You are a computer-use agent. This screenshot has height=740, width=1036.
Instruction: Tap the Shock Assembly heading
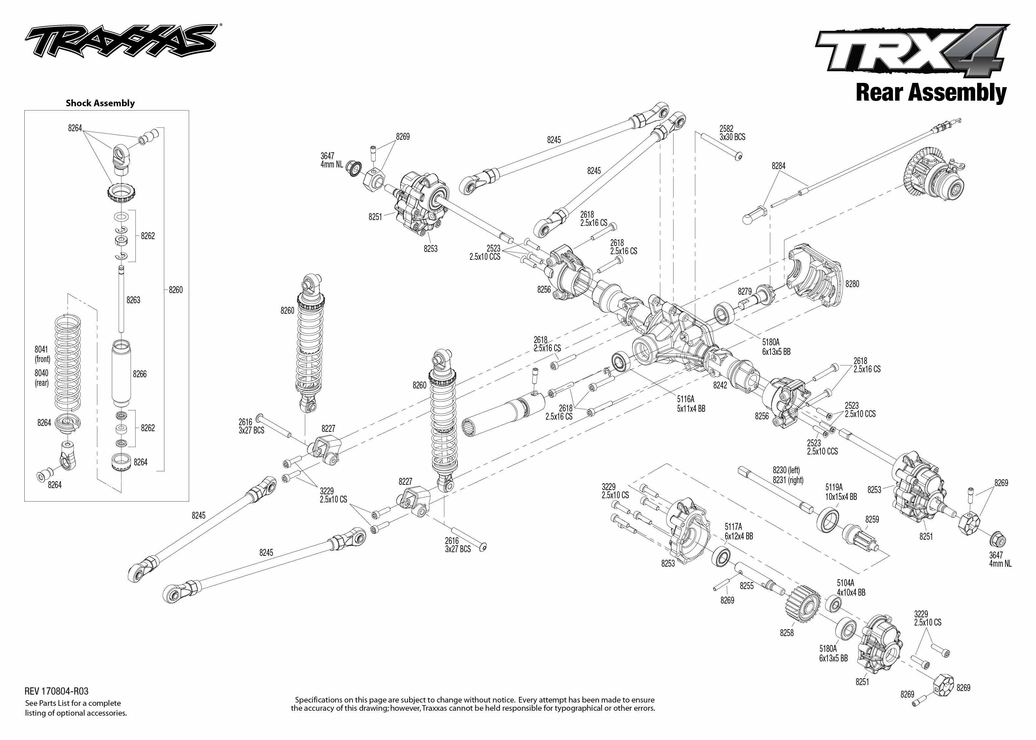100,103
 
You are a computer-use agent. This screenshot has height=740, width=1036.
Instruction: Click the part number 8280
852,284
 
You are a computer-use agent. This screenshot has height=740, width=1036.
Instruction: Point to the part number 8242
720,385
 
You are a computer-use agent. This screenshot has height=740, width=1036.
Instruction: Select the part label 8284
778,166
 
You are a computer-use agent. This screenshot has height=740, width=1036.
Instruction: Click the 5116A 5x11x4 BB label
691,404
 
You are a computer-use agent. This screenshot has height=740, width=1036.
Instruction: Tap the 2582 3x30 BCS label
732,133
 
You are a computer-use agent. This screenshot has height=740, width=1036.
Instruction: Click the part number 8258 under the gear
786,633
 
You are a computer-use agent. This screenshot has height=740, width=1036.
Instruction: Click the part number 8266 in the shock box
139,374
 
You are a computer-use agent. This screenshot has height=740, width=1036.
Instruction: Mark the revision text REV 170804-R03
57,691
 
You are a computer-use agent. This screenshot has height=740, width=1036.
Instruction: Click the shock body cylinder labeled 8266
121,374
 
